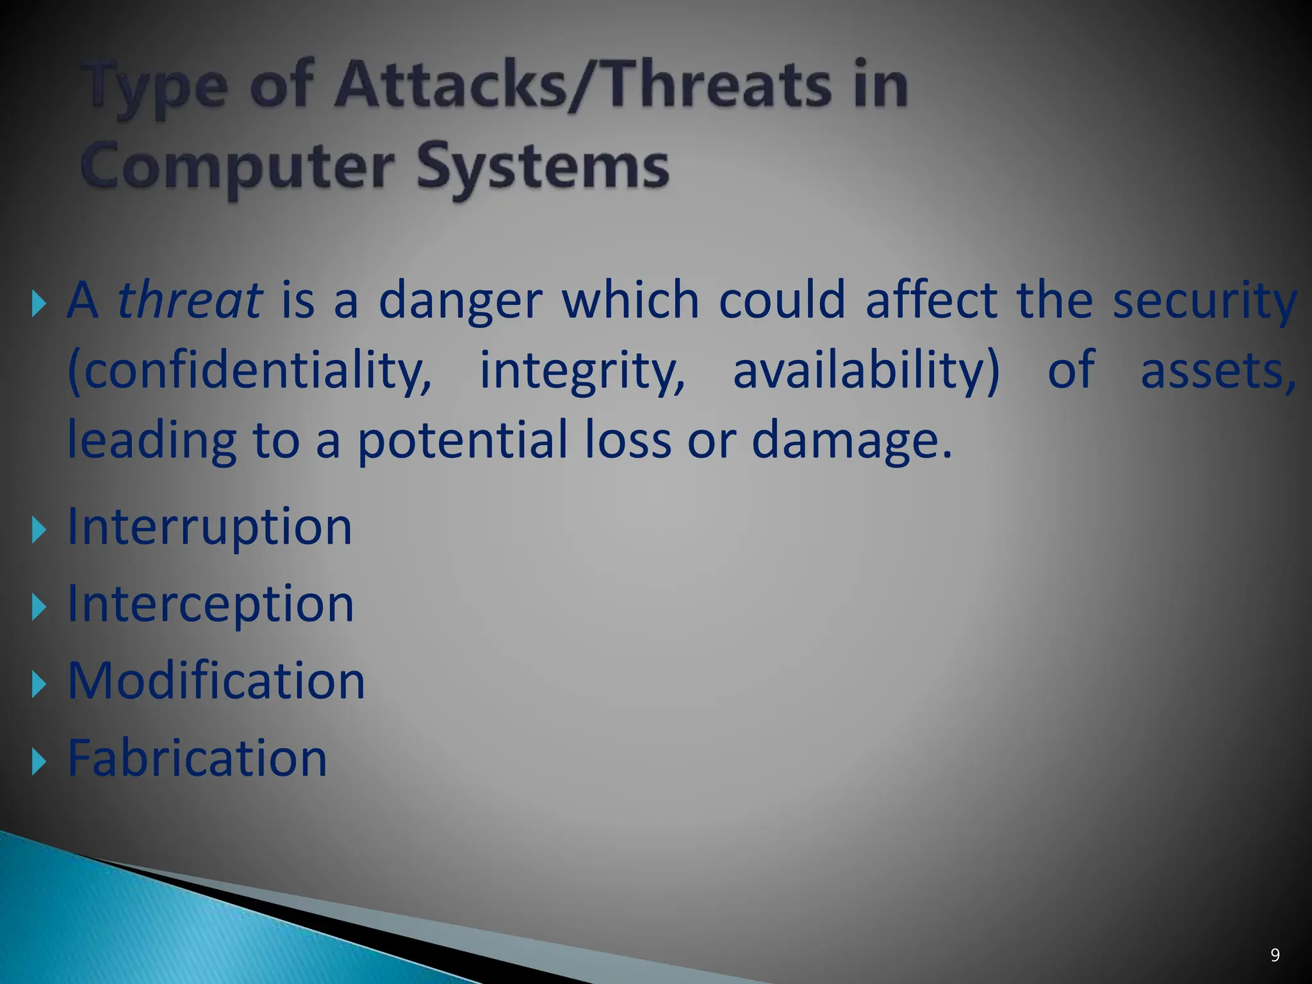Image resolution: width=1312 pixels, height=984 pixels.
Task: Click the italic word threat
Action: click(190, 300)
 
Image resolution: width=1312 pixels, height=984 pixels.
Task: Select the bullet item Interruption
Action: click(209, 527)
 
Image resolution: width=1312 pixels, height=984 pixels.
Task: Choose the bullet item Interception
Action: click(210, 604)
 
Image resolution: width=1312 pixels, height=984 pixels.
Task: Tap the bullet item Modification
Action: click(216, 681)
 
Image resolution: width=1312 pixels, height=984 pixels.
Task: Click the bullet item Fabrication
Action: click(197, 758)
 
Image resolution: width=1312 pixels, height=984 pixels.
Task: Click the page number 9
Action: click(1275, 955)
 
